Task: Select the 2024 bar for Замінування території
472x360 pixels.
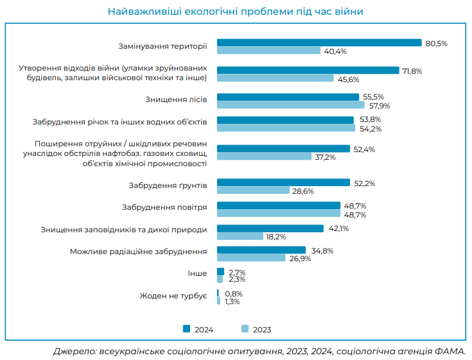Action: (x=319, y=43)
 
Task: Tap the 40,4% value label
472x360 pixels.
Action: (x=336, y=51)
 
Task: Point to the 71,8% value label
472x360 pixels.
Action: (x=412, y=71)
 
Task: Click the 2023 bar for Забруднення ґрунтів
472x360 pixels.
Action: (x=253, y=191)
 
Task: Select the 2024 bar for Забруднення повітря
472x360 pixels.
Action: (x=279, y=205)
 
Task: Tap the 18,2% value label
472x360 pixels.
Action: (x=275, y=236)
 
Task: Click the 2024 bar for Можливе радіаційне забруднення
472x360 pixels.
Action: (x=261, y=250)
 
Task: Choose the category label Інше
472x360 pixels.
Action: (x=197, y=273)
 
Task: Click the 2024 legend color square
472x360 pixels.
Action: (x=186, y=329)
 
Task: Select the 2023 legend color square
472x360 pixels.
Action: (x=245, y=329)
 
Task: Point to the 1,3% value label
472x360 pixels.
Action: (x=233, y=302)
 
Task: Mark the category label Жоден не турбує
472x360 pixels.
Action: (x=173, y=296)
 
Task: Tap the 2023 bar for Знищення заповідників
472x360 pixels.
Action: (x=240, y=236)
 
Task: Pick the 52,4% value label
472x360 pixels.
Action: (x=364, y=149)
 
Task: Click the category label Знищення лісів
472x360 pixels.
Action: (x=176, y=101)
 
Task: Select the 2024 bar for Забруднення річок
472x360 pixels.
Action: (x=285, y=120)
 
